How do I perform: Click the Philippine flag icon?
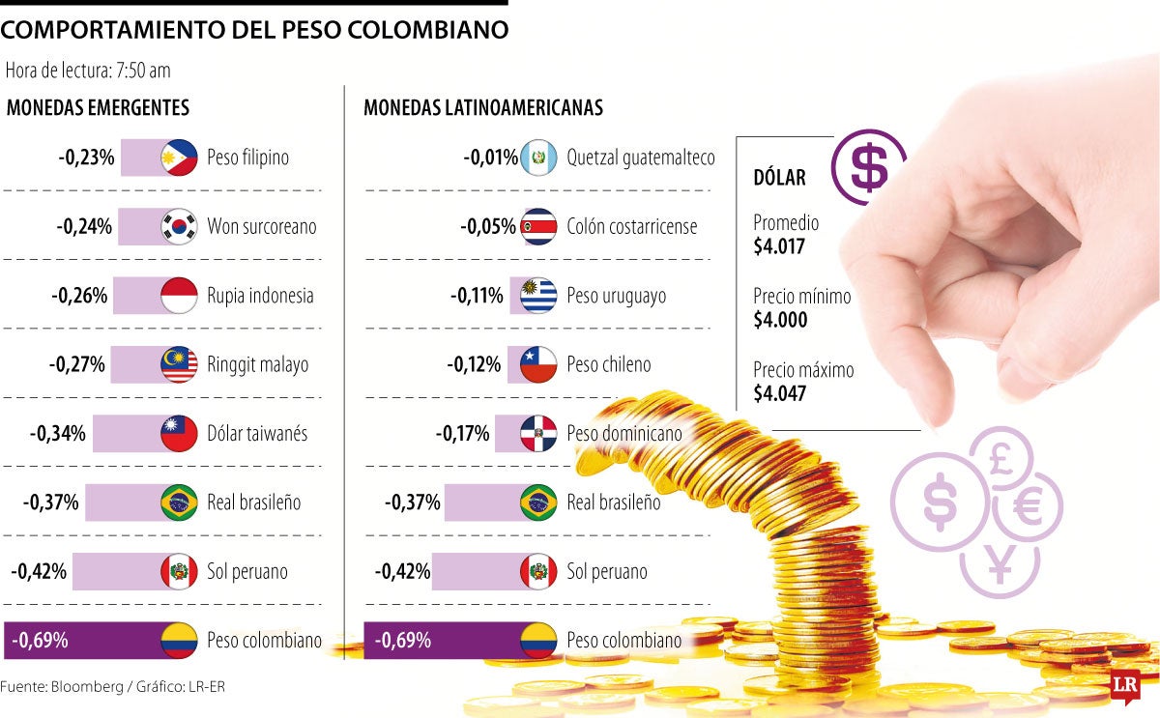click(179, 157)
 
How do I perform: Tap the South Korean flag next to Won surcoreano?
click(179, 226)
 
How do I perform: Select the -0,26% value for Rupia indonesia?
click(79, 296)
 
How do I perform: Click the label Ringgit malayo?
click(257, 365)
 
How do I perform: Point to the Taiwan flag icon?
click(179, 434)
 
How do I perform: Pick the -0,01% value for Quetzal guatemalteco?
click(490, 157)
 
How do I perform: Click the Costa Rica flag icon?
click(538, 226)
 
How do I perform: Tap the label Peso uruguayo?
click(616, 296)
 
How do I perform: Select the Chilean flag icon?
click(538, 365)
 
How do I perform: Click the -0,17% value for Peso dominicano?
click(462, 434)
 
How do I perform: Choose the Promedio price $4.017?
click(779, 245)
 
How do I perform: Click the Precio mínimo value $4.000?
click(780, 320)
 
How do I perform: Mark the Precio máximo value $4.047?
click(780, 393)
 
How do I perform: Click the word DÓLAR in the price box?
click(779, 178)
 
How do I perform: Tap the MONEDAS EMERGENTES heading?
click(98, 108)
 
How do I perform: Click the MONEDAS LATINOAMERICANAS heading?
click(483, 108)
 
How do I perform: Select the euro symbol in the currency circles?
click(1028, 507)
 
